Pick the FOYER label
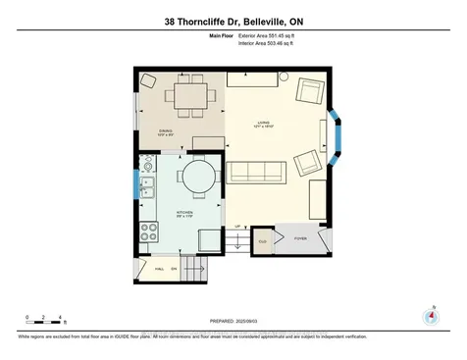(x=300, y=238)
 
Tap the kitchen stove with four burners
(x=150, y=232)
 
